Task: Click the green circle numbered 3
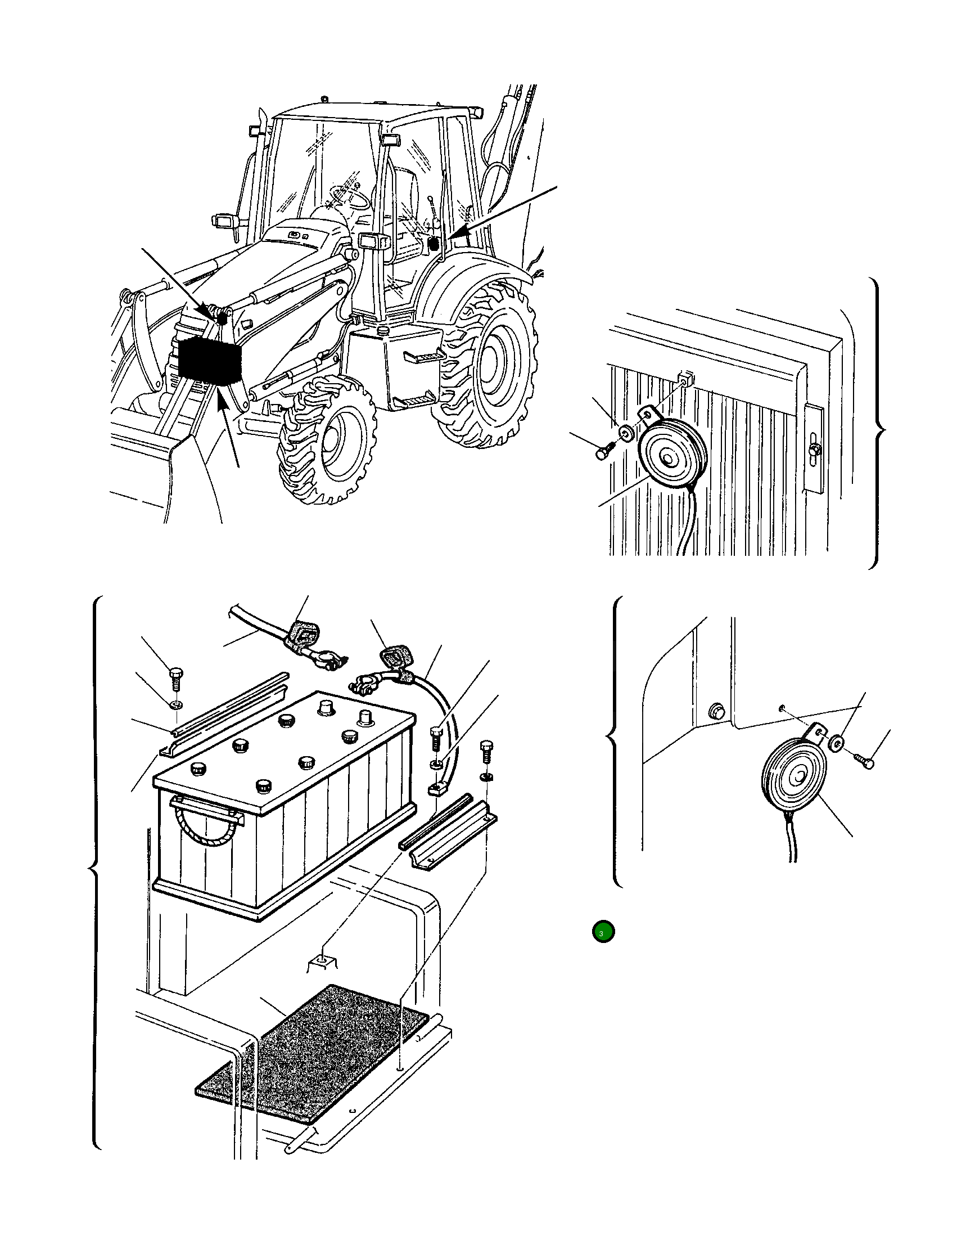pos(603,932)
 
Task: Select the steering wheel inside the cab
pos(349,197)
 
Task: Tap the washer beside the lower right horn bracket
pos(837,743)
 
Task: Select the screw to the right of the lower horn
pos(864,760)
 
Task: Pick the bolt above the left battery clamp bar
pos(176,680)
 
